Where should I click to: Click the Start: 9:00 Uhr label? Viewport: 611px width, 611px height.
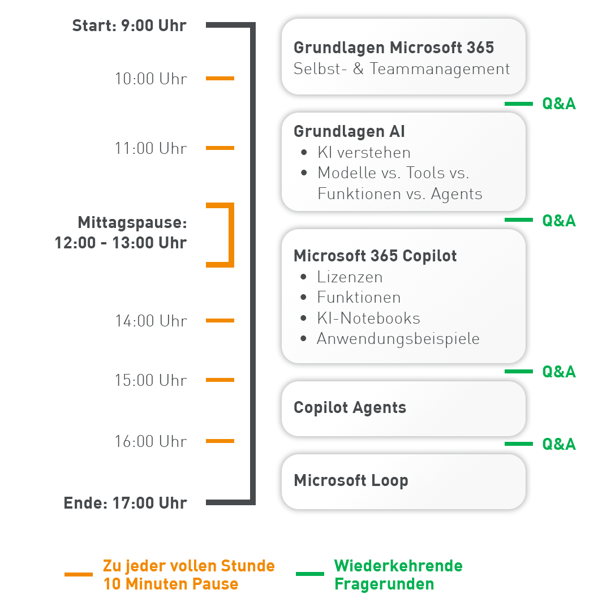click(129, 26)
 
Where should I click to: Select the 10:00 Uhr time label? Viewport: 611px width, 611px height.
click(150, 79)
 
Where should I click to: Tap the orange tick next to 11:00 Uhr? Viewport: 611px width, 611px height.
click(220, 148)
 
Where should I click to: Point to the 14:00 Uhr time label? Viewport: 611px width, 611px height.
click(150, 321)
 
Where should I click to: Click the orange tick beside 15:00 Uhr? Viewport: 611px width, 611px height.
click(220, 380)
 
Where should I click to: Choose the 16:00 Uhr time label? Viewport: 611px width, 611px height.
click(150, 441)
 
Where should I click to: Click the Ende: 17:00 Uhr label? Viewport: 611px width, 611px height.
click(125, 503)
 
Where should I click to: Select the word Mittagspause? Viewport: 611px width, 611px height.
click(132, 222)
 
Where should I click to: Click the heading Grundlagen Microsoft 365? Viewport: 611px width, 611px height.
click(394, 48)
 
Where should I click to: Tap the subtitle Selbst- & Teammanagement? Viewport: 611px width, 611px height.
click(402, 69)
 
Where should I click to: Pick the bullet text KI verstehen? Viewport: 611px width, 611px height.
click(364, 153)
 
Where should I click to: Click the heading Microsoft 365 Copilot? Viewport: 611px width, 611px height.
click(375, 256)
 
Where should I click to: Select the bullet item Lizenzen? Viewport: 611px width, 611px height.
click(350, 277)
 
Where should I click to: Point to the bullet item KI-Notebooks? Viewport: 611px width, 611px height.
click(368, 319)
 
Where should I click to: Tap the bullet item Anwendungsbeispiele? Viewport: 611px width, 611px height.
click(398, 339)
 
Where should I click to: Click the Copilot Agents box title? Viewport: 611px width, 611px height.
click(350, 408)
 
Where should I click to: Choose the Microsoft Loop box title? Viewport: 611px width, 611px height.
click(351, 481)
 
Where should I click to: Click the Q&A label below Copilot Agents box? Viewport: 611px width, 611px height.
click(558, 444)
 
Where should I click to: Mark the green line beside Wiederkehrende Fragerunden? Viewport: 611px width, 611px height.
click(310, 574)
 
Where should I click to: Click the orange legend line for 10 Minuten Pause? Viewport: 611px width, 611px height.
click(79, 575)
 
